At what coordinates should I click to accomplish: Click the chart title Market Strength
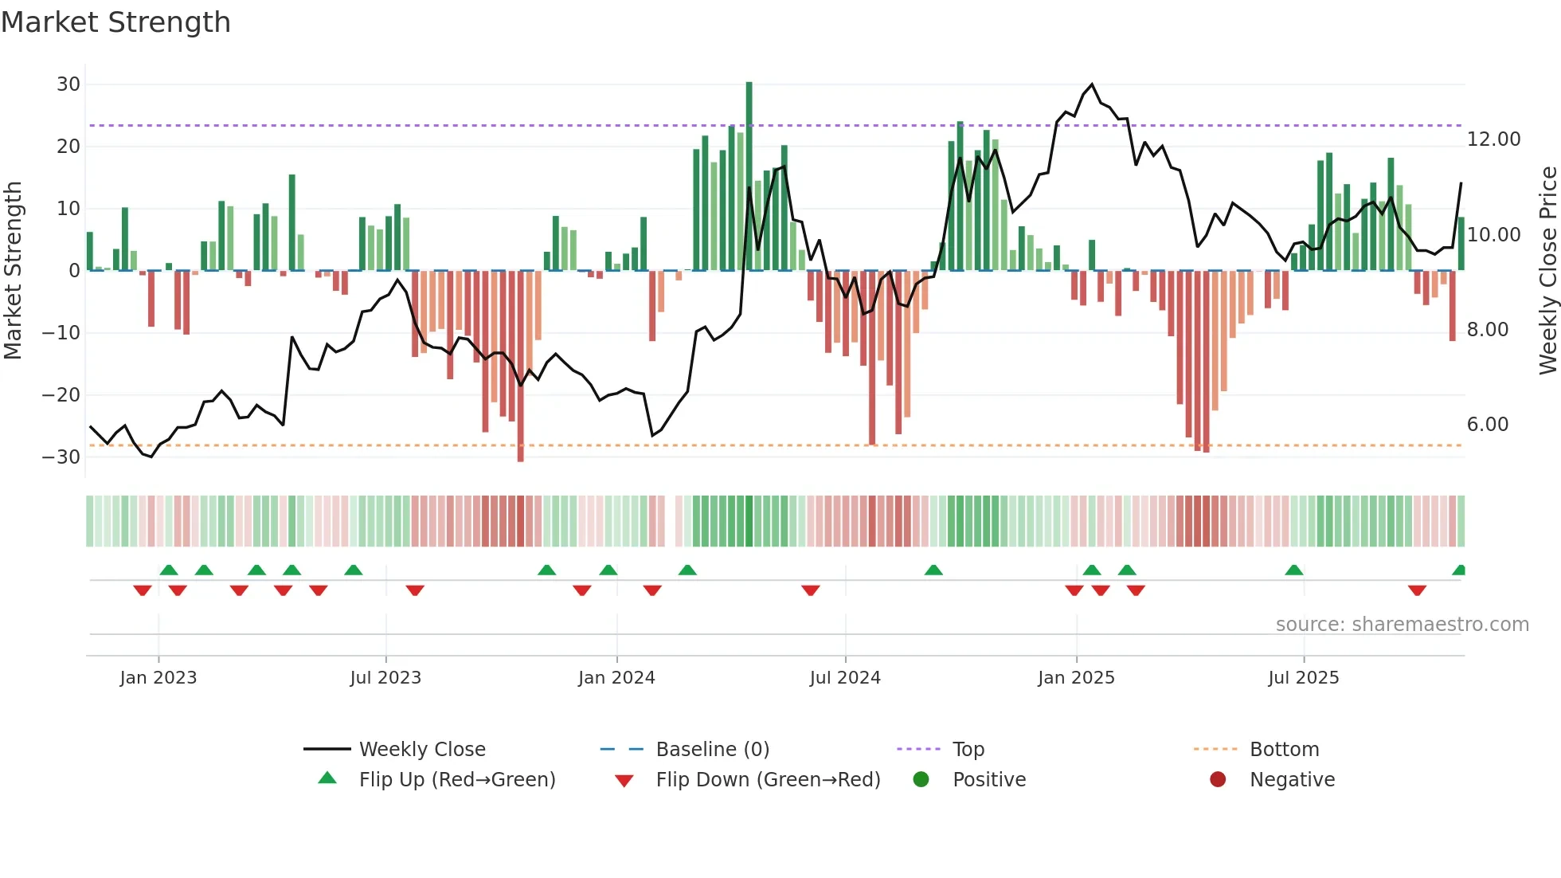[115, 22]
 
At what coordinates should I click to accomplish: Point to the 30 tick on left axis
[68, 84]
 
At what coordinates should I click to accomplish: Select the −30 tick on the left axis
[62, 457]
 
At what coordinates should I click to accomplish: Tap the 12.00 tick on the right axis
[1493, 139]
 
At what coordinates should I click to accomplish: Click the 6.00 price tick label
[1487, 425]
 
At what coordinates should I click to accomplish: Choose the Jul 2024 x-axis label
[844, 678]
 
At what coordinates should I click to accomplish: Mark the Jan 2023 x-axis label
[158, 678]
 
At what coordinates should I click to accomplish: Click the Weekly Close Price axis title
[1547, 270]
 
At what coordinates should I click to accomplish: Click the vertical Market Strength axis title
[14, 270]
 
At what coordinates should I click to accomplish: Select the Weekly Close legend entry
[421, 750]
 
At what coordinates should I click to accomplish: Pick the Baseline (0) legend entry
[712, 750]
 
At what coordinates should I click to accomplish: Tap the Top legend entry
[968, 750]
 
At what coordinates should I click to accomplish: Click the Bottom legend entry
[1284, 750]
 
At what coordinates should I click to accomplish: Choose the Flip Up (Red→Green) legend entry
[456, 780]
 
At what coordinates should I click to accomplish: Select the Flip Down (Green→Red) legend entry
[768, 780]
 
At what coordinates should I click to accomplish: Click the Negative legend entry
[1291, 780]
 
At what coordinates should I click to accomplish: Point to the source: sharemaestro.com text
[1402, 625]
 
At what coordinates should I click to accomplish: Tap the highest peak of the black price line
[1091, 84]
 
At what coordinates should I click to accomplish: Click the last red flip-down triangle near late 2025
[1416, 590]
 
